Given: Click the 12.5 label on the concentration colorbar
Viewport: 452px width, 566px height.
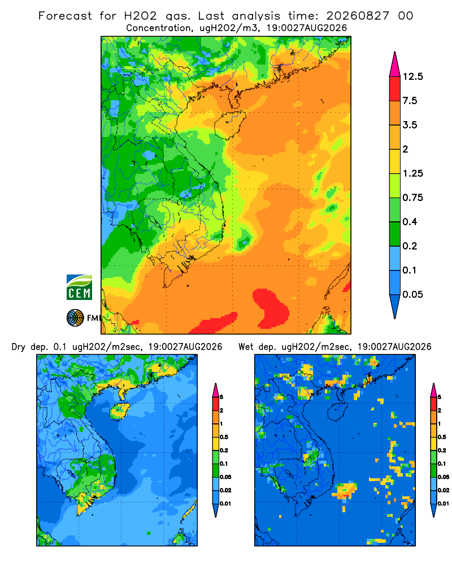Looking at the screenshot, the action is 412,76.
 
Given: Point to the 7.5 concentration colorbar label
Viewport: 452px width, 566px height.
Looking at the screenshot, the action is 410,101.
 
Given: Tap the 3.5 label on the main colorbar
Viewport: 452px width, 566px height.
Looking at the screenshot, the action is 410,125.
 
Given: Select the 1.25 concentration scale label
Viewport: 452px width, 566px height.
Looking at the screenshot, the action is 412,173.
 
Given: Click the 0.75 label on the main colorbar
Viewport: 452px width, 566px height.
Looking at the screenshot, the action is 412,198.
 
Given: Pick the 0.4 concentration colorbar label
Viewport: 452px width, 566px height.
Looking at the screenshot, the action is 410,222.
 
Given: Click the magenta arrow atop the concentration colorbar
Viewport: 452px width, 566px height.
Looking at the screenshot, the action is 395,65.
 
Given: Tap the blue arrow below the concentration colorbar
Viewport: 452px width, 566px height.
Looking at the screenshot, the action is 395,306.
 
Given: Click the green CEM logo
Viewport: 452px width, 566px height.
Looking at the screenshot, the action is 79,288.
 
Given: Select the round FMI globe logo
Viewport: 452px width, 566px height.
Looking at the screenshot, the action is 75,318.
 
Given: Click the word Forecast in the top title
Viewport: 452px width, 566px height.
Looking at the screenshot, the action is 65,16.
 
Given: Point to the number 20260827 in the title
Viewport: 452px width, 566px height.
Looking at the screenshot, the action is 358,16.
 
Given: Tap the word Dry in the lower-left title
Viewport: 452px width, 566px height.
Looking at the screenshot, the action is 19,348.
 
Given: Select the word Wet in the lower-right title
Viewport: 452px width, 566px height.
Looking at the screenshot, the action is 246,347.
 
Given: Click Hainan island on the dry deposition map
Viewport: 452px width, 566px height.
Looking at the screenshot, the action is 119,412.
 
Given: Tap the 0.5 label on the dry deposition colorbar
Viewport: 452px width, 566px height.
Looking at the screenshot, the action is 224,437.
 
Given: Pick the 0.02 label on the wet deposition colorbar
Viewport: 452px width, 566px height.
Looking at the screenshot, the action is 443,490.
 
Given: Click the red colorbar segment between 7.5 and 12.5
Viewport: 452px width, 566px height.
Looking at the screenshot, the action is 395,89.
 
